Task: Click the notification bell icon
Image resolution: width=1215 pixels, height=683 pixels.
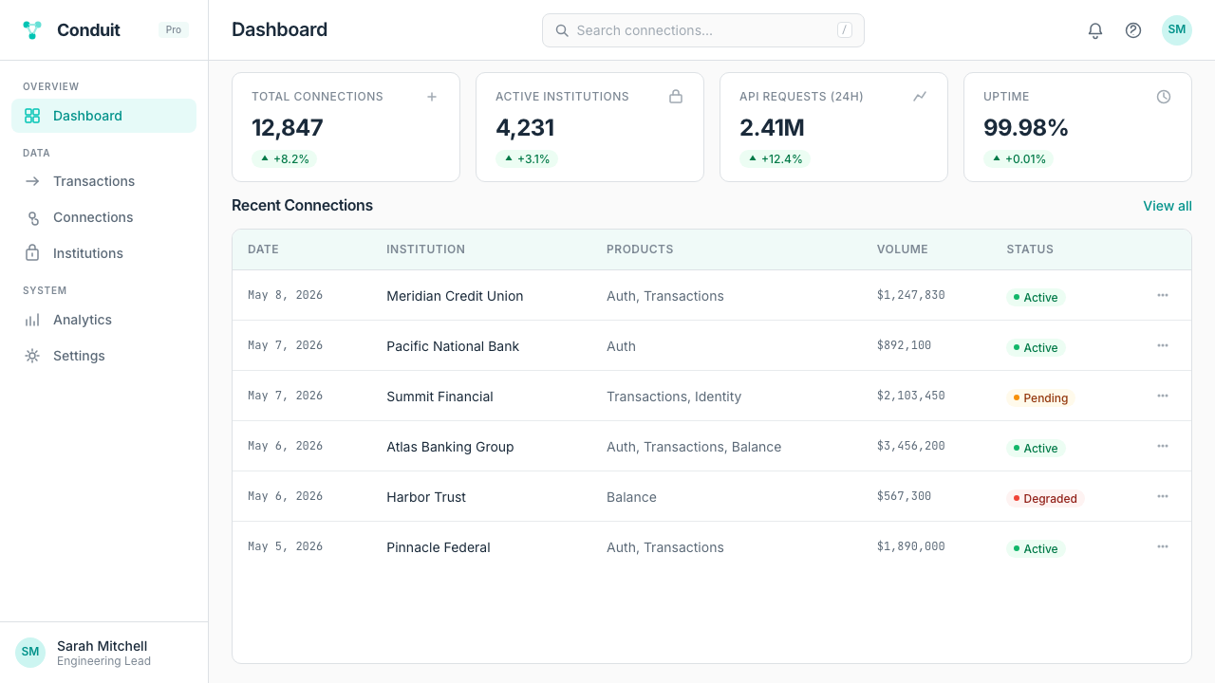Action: [1095, 30]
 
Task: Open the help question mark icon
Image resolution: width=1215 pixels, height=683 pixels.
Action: [1133, 30]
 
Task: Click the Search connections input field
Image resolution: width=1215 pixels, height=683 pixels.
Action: [703, 30]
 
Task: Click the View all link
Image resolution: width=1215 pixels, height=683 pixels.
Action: [1168, 206]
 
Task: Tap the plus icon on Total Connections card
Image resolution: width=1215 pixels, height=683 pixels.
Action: [432, 97]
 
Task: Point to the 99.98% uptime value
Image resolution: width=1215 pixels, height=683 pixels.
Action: [1025, 128]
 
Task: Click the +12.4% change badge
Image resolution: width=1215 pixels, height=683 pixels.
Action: [775, 158]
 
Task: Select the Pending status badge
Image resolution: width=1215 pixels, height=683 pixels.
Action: [1039, 397]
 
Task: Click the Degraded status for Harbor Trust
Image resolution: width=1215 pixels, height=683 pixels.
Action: [1045, 499]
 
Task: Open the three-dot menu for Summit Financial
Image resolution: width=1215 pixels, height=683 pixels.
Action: [1163, 396]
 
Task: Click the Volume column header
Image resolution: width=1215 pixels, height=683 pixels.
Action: [902, 249]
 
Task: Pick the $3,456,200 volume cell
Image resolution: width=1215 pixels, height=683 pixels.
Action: [910, 446]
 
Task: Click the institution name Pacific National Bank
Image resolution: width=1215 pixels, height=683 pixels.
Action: [453, 346]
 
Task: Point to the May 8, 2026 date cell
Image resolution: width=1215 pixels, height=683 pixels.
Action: [286, 295]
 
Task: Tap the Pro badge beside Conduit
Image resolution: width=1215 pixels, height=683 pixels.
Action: [174, 29]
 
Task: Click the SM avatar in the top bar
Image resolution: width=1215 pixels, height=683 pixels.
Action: [1176, 29]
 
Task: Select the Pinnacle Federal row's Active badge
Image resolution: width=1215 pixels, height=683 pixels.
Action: [1036, 548]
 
